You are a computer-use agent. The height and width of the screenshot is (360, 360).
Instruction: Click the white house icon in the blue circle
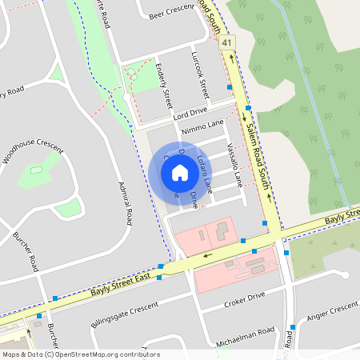(x=180, y=173)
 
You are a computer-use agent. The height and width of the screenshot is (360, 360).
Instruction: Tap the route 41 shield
(x=228, y=42)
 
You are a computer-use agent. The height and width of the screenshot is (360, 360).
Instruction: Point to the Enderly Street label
(x=165, y=86)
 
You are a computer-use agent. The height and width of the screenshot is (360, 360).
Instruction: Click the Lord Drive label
(x=189, y=114)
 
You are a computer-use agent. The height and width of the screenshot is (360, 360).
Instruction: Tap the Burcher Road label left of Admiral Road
(x=26, y=250)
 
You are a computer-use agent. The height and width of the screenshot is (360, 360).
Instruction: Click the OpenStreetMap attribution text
(x=80, y=354)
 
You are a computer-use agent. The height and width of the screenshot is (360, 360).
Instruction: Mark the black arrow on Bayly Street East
(x=207, y=256)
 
